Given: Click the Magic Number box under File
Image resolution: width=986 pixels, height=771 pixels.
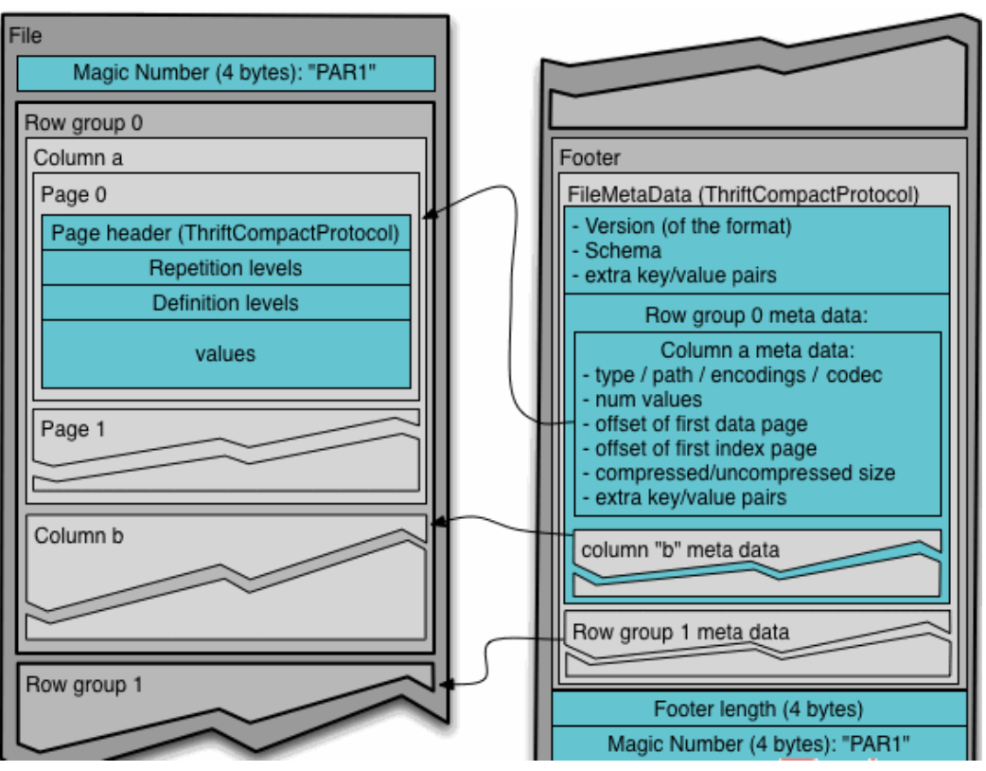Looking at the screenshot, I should (225, 73).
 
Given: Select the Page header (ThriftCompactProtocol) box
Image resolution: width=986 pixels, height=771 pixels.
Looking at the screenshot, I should (225, 233).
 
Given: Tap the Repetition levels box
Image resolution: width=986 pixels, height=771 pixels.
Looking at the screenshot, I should (225, 268).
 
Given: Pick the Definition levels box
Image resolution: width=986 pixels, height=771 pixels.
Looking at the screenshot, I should (225, 303).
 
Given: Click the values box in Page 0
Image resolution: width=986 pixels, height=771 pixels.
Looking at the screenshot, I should (225, 353).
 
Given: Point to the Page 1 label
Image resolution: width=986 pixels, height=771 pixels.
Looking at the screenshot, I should (73, 429).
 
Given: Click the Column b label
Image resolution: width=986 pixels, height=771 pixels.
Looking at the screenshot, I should (79, 536).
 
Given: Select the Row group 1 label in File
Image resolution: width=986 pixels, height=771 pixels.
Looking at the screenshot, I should (84, 684).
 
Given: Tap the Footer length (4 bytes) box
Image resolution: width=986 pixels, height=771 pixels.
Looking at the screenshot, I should (758, 708).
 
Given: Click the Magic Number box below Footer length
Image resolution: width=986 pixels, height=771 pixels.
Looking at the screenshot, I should (758, 743).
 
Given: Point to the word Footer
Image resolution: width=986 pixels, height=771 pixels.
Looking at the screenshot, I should (590, 158).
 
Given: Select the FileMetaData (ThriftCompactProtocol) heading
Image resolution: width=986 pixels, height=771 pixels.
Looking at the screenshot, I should (743, 195).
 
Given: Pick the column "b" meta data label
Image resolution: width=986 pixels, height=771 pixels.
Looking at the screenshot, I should (679, 549).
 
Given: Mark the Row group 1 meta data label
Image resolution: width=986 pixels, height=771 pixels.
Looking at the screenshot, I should (680, 631).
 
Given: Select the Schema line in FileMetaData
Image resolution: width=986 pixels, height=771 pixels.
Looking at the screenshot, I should (623, 251).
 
